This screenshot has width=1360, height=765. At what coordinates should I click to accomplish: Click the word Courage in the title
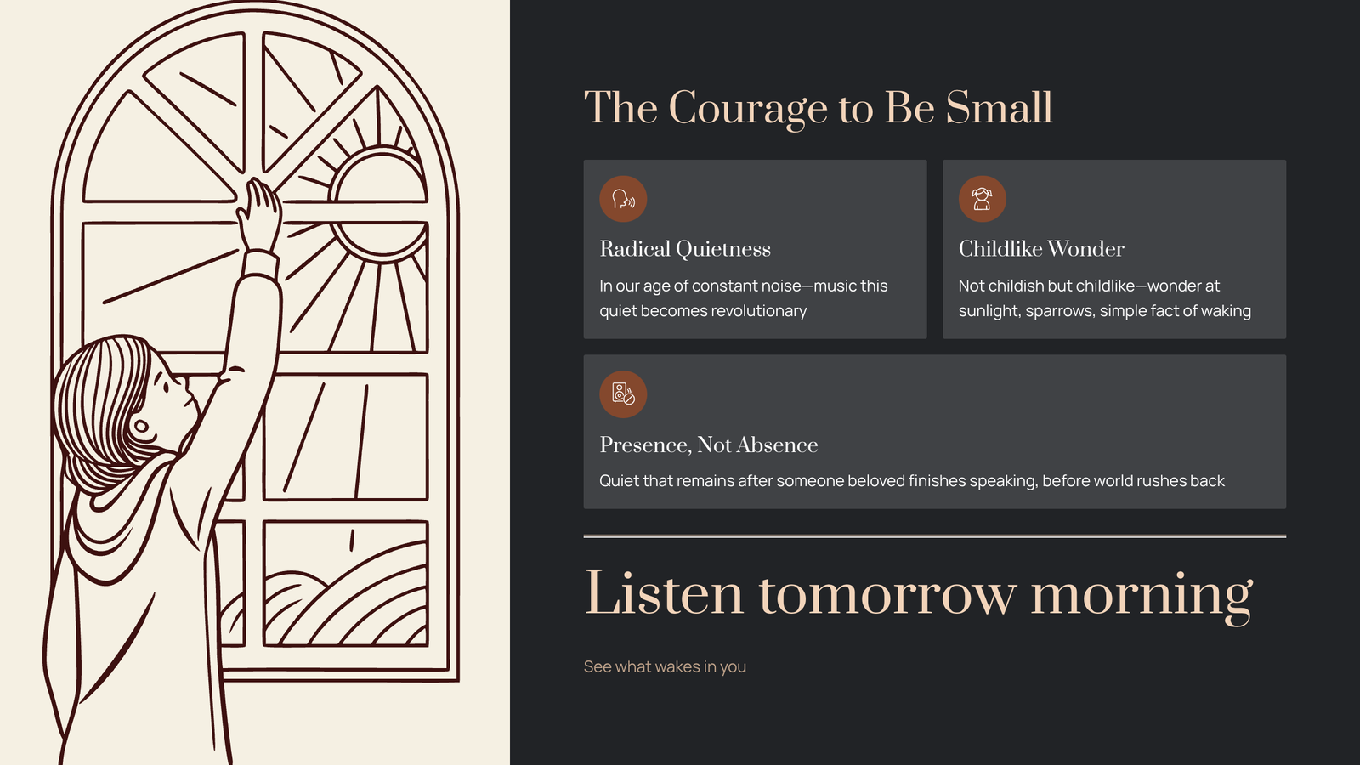click(x=747, y=109)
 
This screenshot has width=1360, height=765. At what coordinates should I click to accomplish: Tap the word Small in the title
click(x=999, y=107)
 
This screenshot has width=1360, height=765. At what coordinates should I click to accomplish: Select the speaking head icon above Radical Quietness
click(x=623, y=199)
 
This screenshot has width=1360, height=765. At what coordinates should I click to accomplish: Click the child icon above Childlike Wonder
click(x=982, y=199)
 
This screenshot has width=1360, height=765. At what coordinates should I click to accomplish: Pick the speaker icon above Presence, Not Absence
click(x=623, y=394)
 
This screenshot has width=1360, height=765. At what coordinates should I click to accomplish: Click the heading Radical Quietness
click(x=685, y=249)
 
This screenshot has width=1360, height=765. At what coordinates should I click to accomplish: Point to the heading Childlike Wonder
click(x=1041, y=249)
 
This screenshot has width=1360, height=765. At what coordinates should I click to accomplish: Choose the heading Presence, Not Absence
click(x=709, y=445)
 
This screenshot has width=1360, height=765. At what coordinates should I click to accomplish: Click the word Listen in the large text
click(x=664, y=593)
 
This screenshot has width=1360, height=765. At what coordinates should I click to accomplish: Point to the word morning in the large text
click(x=1142, y=598)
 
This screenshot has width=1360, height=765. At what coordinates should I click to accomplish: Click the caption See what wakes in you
click(x=665, y=666)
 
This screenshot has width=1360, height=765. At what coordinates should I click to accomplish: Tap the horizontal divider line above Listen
click(x=934, y=536)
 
